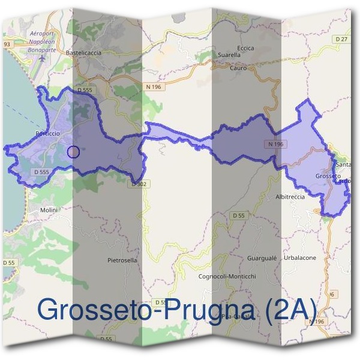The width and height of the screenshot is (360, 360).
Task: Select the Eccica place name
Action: [x=245, y=48]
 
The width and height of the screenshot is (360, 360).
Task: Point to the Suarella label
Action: [x=229, y=55]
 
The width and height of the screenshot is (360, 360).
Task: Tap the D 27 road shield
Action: [x=342, y=38]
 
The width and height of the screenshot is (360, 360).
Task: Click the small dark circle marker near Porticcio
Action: [x=73, y=152]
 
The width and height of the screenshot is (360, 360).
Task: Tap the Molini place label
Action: [x=48, y=211]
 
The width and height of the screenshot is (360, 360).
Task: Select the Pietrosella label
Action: [x=122, y=260]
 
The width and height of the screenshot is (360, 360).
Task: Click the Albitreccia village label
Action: [x=290, y=197]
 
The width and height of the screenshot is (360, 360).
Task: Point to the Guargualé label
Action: [x=261, y=257]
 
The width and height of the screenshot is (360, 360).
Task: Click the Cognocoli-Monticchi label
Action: [x=227, y=276]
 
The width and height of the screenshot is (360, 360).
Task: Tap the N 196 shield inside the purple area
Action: [x=275, y=144]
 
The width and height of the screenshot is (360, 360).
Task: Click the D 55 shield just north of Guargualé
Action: [x=239, y=215]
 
